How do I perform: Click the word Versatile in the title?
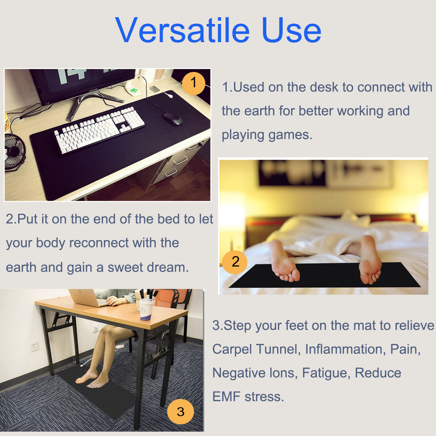[183, 30]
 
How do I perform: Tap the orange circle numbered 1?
[193, 83]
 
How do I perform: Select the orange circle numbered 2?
[235, 262]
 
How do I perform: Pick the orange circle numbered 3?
[181, 412]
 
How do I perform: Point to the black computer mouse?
[172, 118]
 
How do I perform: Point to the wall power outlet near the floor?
[34, 346]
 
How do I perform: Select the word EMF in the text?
[226, 396]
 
